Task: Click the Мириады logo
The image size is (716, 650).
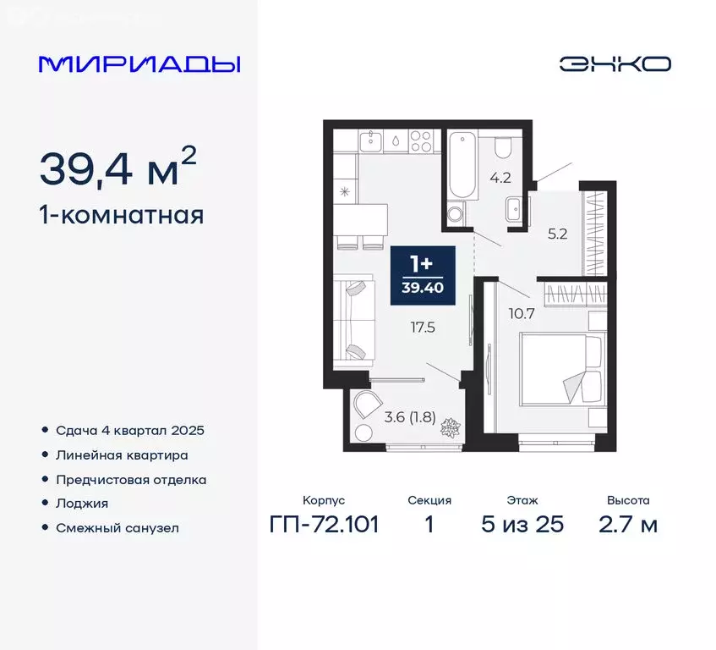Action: coord(140,64)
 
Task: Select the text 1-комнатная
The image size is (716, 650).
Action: coord(121,215)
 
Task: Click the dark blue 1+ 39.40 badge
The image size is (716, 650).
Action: coord(423,275)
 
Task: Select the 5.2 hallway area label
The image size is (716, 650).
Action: coord(557,234)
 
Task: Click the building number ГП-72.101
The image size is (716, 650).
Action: coord(324,525)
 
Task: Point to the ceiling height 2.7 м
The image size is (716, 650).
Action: coord(628,525)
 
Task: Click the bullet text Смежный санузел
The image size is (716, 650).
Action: coord(118,528)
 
